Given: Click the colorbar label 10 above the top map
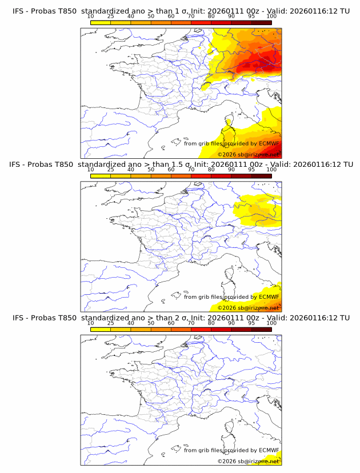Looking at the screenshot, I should click(91, 17).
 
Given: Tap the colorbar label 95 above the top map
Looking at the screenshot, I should click(251, 17).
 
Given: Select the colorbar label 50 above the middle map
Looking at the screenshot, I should click(151, 170).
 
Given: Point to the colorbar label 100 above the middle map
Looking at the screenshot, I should click(271, 170).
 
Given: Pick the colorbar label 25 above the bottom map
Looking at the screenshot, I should click(111, 323).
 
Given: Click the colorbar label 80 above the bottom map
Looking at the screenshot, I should click(211, 323).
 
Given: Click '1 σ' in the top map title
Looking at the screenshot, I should click(185, 11).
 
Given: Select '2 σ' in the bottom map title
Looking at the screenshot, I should click(185, 318).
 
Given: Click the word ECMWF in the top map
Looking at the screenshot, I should click(269, 143).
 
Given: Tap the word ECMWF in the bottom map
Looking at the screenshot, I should click(269, 450).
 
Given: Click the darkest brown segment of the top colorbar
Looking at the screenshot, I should click(261, 22).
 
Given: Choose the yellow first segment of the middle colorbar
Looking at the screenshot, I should click(101, 176).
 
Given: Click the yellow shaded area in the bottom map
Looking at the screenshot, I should click(275, 460).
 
